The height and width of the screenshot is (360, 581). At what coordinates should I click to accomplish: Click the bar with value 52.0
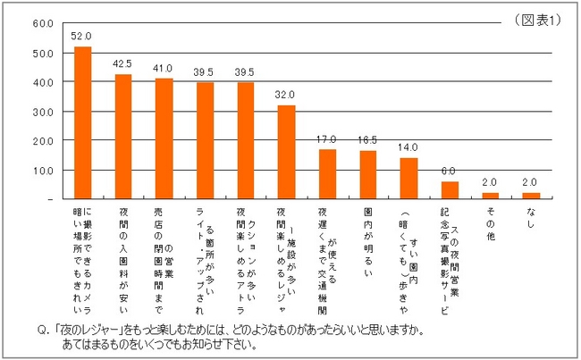[82, 122]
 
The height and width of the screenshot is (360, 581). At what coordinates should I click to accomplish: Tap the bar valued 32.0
[286, 152]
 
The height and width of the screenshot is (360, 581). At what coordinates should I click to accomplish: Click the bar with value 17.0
[327, 173]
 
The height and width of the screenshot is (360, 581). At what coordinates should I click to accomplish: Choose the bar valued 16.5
[367, 174]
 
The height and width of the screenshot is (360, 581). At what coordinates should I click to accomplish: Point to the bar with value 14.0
[408, 178]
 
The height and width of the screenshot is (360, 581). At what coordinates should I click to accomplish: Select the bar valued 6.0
[450, 189]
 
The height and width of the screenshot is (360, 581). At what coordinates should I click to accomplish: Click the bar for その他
[490, 195]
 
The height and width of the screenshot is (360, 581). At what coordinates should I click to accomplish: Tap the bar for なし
[531, 195]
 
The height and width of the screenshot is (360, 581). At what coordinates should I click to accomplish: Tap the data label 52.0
[82, 38]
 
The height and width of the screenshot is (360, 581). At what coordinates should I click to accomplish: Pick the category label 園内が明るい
[368, 235]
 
